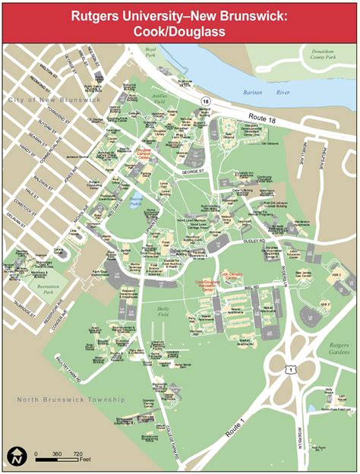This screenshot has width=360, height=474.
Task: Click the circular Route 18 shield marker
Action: coord(205,100)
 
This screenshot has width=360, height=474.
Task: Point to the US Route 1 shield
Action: coord(291,369)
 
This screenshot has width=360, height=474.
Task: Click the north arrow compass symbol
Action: coord(15,456)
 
